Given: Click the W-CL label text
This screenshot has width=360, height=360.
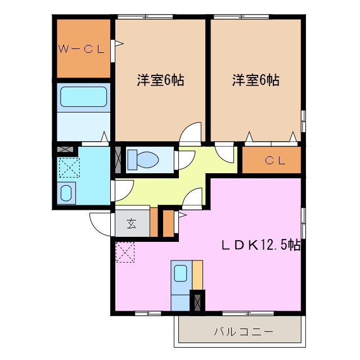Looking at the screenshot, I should [x=82, y=49].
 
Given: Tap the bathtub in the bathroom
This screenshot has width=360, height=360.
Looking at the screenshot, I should [x=83, y=96].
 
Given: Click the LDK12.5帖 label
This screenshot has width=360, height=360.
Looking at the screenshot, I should [x=259, y=245].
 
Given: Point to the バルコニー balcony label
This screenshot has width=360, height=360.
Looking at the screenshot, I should [x=243, y=331].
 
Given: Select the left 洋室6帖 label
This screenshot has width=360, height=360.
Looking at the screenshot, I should [x=160, y=80].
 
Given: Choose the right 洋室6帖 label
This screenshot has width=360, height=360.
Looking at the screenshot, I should [x=256, y=80].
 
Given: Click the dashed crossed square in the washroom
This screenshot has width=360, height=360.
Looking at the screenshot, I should [x=69, y=168].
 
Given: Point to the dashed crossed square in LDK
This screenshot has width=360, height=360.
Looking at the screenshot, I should [x=125, y=251].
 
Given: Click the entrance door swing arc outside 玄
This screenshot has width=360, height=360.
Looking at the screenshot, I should [x=101, y=225].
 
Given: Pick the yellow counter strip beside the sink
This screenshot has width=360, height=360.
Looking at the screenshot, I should [x=197, y=275].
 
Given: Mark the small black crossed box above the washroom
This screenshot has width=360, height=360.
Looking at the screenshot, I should [x=66, y=150].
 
